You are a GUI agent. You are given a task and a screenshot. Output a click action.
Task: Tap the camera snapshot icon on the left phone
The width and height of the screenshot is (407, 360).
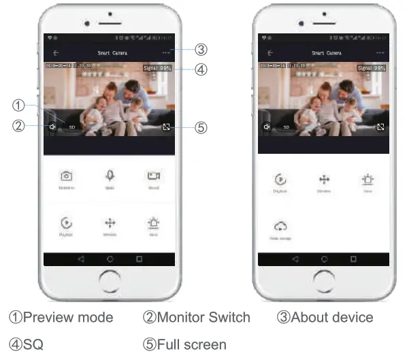pyautogui.click(x=67, y=176)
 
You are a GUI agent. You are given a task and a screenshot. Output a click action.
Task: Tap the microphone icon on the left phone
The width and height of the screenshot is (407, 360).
pyautogui.click(x=110, y=176)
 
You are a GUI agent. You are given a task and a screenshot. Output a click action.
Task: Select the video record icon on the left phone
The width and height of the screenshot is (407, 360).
pyautogui.click(x=153, y=176)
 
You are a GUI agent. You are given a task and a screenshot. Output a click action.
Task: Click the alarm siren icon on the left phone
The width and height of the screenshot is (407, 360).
pyautogui.click(x=153, y=223)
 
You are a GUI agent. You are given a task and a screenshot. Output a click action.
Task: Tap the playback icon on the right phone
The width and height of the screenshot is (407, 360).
pyautogui.click(x=280, y=180)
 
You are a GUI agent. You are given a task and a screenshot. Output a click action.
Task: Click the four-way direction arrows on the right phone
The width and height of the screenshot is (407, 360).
pyautogui.click(x=324, y=180)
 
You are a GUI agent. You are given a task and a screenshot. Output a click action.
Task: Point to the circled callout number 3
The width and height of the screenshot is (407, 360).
pyautogui.click(x=201, y=50)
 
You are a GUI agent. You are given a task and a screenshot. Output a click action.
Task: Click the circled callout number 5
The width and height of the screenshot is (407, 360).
pyautogui.click(x=201, y=127)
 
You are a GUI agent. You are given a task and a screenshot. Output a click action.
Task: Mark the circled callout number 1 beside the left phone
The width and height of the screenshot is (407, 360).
pyautogui.click(x=19, y=105)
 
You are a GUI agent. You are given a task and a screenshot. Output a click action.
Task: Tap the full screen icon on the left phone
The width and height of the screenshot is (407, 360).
pyautogui.click(x=166, y=127)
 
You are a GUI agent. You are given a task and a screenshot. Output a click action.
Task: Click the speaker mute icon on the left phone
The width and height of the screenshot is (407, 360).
pyautogui.click(x=52, y=127)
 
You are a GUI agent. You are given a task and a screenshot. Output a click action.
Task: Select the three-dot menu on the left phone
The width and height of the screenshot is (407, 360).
pyautogui.click(x=166, y=52)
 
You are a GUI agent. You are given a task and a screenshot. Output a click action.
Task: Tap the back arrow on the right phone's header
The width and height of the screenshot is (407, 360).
pyautogui.click(x=270, y=52)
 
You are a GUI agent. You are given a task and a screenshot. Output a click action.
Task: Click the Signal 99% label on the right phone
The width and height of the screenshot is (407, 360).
pyautogui.click(x=371, y=68)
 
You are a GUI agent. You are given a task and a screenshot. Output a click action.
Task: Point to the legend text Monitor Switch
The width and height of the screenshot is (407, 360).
pyautogui.click(x=203, y=317)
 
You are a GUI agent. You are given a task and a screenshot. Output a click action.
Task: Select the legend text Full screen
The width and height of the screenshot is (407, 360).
pyautogui.click(x=191, y=344)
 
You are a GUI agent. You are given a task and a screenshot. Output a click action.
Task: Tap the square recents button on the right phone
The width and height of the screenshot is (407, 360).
pyautogui.click(x=353, y=259)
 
